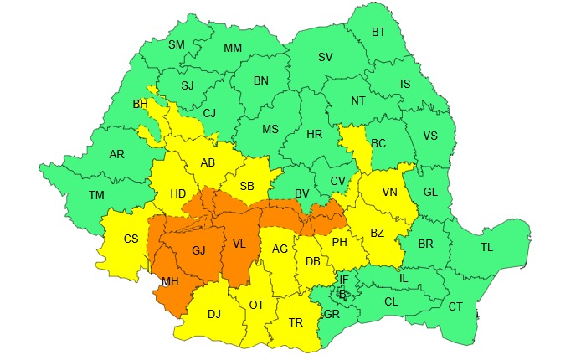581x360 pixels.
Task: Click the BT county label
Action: [378, 33]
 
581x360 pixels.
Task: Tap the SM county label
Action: [177, 44]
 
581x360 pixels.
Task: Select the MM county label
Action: [233, 48]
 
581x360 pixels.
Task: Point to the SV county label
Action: [325, 57]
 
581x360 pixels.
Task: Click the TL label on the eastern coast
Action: [486, 247]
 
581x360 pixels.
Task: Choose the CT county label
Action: [455, 306]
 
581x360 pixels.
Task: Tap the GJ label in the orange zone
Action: [198, 250]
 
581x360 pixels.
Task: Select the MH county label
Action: [170, 281]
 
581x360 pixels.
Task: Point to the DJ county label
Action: [213, 314]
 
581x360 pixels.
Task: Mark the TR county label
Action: [296, 322]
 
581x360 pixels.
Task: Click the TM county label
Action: [97, 195]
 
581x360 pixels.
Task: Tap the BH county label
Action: [140, 105]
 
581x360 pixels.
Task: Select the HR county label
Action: [315, 134]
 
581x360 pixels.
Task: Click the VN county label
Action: [390, 192]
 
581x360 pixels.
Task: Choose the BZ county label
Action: [378, 232]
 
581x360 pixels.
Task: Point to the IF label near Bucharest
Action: [343, 279]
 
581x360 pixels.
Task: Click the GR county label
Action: [332, 315]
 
